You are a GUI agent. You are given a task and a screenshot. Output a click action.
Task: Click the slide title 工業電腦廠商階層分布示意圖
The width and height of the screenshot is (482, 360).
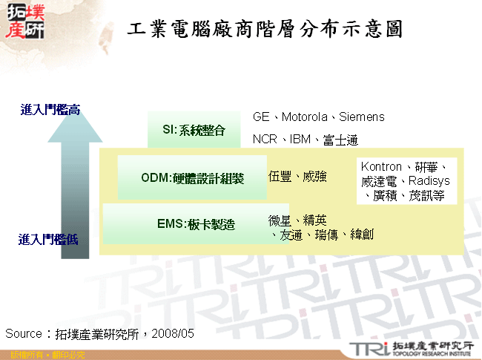coord(265,30)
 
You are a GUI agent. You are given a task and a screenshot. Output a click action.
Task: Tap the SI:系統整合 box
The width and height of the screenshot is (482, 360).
coord(194,130)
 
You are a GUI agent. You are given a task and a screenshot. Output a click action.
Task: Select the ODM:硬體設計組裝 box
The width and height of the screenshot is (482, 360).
coord(192,177)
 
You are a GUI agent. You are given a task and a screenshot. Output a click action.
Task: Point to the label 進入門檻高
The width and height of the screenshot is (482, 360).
coord(50,111)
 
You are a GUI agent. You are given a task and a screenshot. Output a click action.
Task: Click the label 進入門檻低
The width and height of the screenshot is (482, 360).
coord(48,239)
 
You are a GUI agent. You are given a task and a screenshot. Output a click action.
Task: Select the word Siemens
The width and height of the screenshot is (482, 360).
coord(362,117)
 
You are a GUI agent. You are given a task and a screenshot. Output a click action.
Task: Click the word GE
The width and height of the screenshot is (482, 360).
coord(261,117)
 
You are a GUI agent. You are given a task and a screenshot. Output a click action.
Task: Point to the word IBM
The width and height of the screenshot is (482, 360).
coord(300,139)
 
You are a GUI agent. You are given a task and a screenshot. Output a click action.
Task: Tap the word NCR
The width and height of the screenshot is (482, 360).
coord(265,139)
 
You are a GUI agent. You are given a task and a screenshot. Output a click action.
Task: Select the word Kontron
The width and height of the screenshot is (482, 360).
coord(381,167)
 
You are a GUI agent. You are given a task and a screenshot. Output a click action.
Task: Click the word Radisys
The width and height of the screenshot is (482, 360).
coord(429,181)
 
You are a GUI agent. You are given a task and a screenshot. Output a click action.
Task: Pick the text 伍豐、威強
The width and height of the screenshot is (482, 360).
coord(297,177)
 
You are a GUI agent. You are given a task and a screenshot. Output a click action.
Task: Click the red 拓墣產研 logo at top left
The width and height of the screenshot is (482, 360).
coord(24,23)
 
